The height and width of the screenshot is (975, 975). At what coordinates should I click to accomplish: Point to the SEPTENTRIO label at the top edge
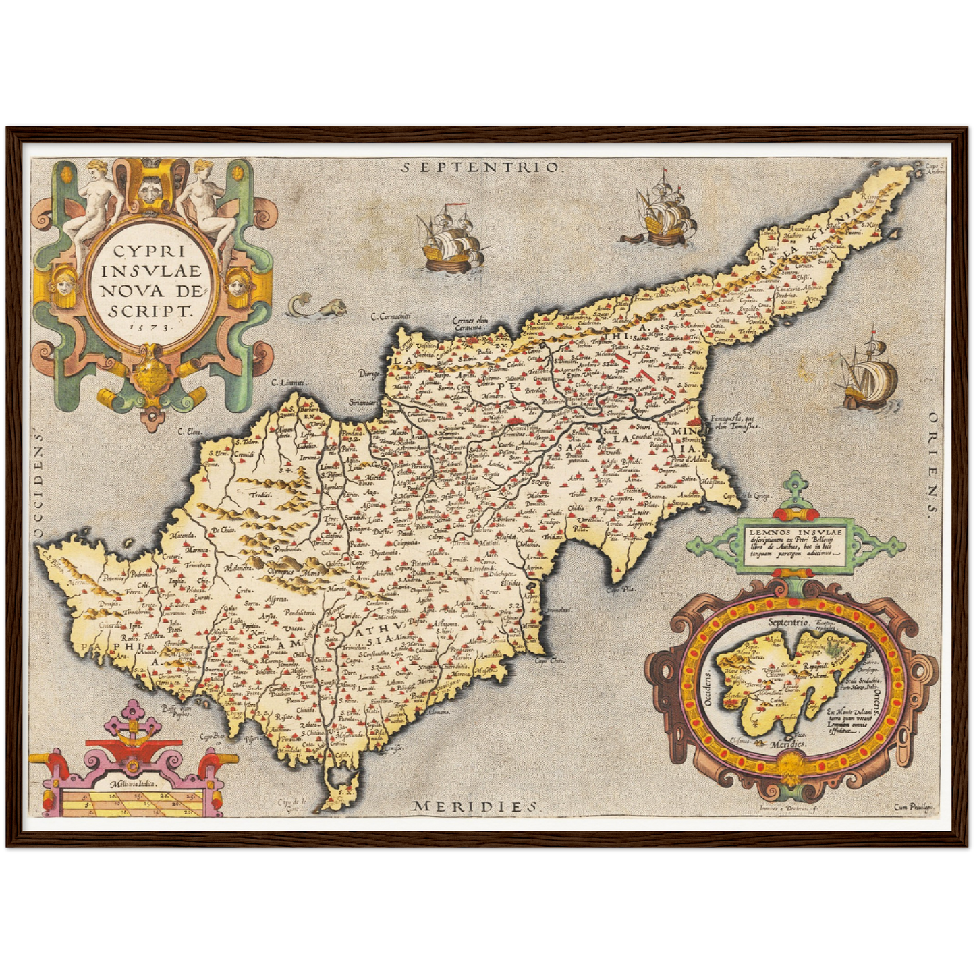(x=480, y=167)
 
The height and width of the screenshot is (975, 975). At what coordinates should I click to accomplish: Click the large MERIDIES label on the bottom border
(x=476, y=806)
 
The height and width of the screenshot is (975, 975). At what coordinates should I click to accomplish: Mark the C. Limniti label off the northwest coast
(x=284, y=383)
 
